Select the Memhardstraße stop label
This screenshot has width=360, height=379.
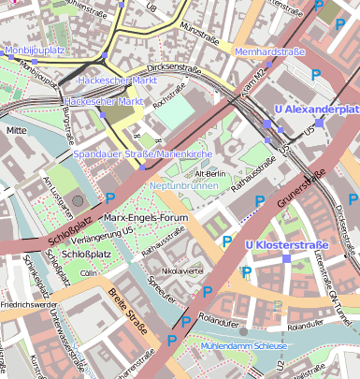pyautogui.click(x=270, y=51)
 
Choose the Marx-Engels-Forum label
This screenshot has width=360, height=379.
pyautogui.click(x=141, y=218)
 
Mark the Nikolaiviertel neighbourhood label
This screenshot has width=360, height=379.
pyautogui.click(x=183, y=271)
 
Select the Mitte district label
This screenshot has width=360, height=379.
pyautogui.click(x=17, y=131)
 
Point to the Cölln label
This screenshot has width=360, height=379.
pyautogui.click(x=89, y=273)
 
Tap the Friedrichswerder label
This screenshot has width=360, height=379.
pyautogui.click(x=30, y=304)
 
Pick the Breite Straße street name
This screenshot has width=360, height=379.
pyautogui.click(x=127, y=309)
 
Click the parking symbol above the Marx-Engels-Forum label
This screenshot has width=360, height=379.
pyautogui.click(x=110, y=198)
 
